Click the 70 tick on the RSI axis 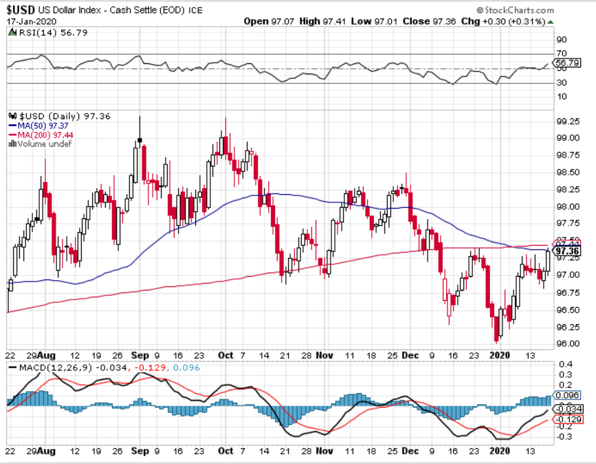pyautogui.click(x=561, y=53)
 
